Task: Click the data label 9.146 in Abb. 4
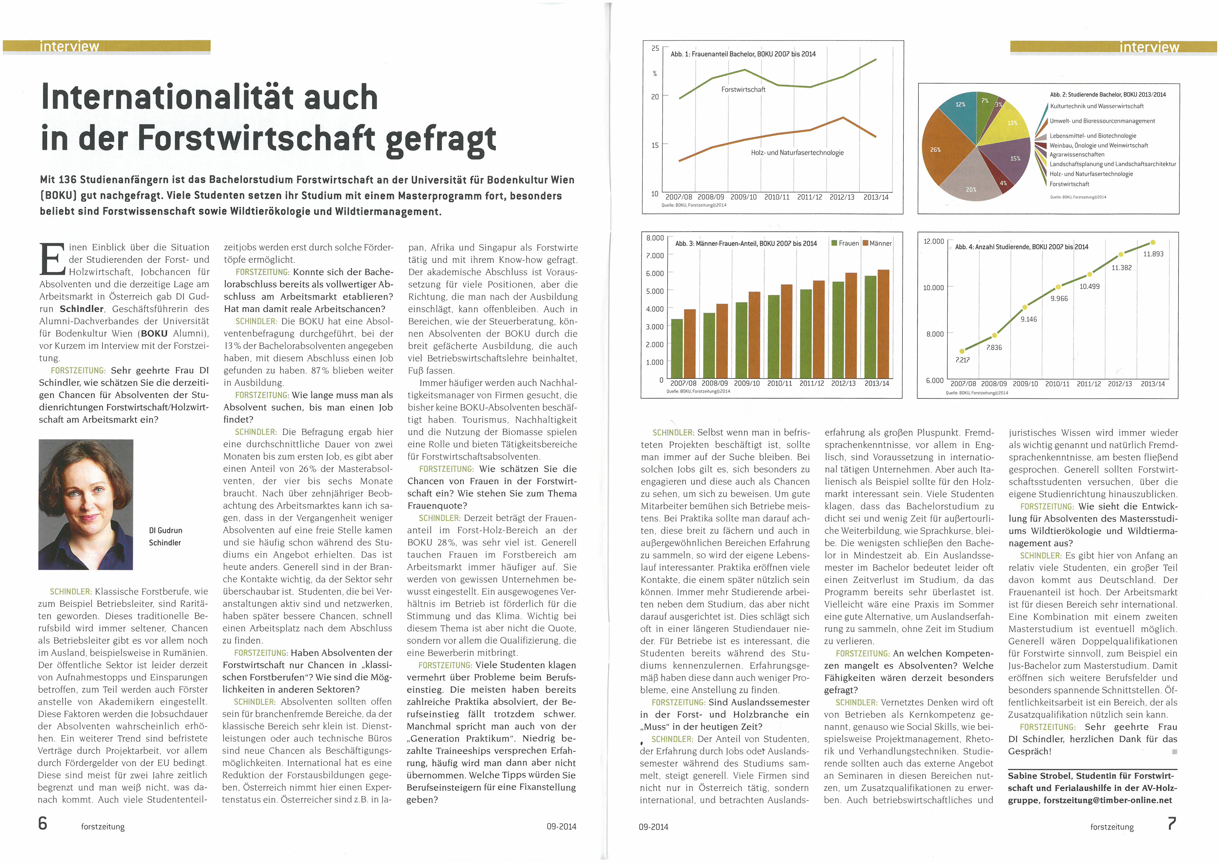click(1029, 319)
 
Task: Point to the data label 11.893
click(1153, 254)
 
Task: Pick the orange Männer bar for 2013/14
click(883, 324)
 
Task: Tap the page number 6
click(43, 824)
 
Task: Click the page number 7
click(1172, 824)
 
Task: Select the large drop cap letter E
click(52, 259)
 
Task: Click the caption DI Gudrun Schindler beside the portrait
click(165, 537)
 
